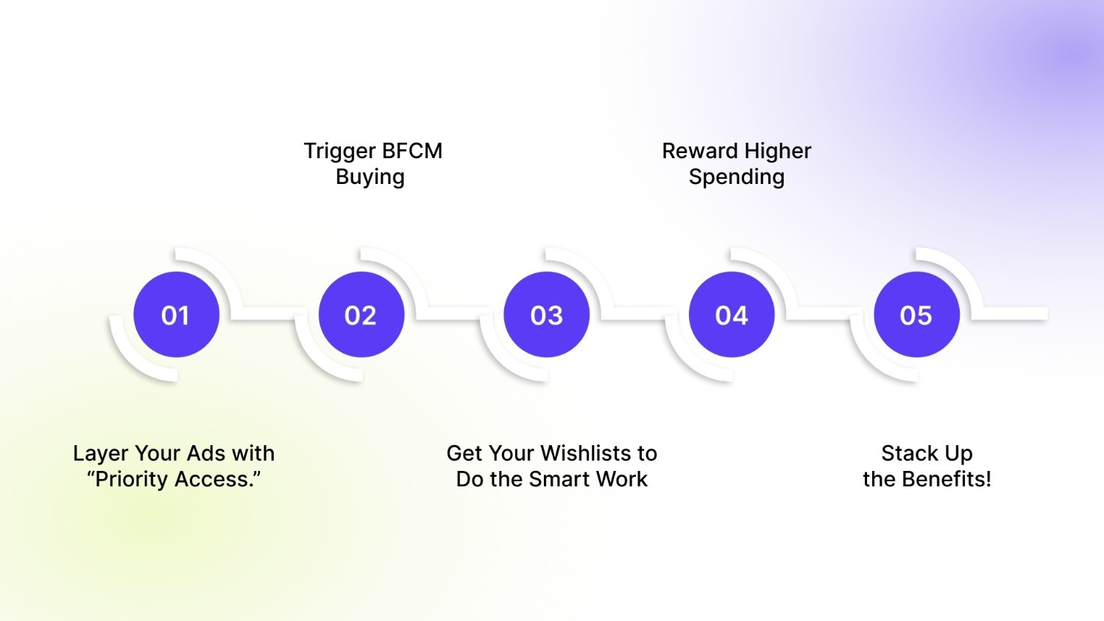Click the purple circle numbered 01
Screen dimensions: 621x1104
176,315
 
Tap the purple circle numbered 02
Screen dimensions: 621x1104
361,315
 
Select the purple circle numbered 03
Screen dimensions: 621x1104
546,315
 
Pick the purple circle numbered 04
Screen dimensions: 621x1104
732,315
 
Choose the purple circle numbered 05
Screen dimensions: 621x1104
916,315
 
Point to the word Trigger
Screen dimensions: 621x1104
340,152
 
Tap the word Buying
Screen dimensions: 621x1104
370,177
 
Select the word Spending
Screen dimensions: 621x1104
737,177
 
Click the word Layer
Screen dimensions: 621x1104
101,454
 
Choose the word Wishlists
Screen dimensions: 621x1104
572,453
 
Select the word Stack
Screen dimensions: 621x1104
909,453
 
